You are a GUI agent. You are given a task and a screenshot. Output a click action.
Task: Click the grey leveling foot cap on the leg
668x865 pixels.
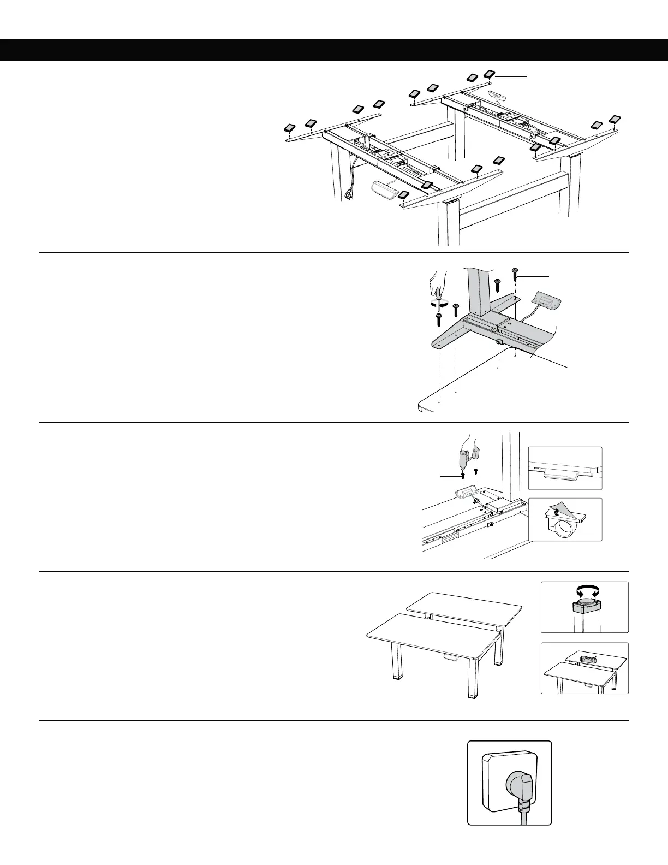click(584, 605)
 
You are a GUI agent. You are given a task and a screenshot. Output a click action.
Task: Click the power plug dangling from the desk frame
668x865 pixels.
click(348, 194)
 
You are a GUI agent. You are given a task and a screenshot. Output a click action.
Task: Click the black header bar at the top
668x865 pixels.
click(334, 49)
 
